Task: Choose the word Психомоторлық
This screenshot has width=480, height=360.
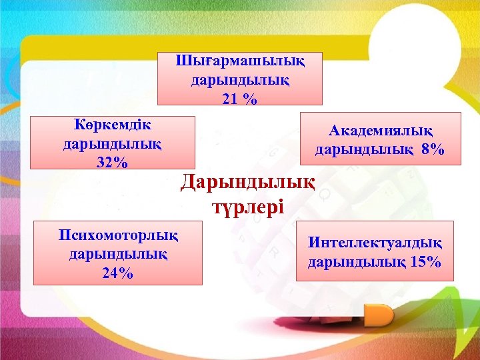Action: (x=118, y=235)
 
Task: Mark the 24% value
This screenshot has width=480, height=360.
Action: (x=117, y=273)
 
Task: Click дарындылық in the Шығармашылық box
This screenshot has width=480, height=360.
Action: (x=240, y=81)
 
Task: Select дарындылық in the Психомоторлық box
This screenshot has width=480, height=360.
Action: (x=118, y=254)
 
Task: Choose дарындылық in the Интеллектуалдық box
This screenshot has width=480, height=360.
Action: (x=357, y=261)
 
